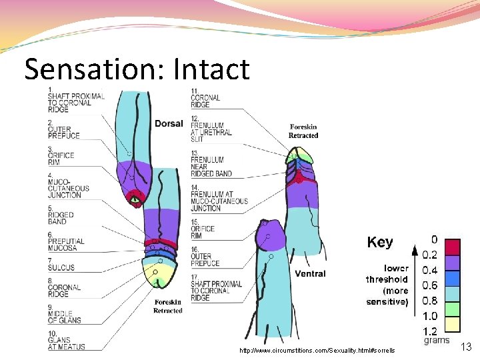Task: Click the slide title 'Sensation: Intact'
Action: pyautogui.click(x=137, y=69)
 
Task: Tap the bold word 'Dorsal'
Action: pyautogui.click(x=169, y=123)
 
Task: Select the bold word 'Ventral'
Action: pyautogui.click(x=310, y=273)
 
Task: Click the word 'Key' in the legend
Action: pyautogui.click(x=380, y=242)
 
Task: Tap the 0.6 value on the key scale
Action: pyautogui.click(x=430, y=285)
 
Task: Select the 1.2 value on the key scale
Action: pyautogui.click(x=430, y=331)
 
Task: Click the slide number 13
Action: pyautogui.click(x=466, y=346)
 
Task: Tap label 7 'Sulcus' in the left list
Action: pyautogui.click(x=61, y=264)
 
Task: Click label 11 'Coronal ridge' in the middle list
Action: pyautogui.click(x=200, y=98)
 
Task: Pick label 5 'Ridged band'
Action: pyautogui.click(x=61, y=215)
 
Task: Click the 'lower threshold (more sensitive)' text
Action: pyautogui.click(x=387, y=285)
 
